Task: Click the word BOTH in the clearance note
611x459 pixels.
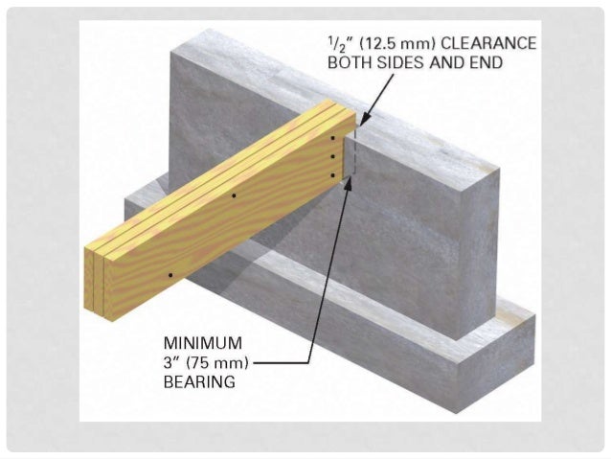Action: (351, 63)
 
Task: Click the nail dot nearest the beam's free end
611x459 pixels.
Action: (170, 276)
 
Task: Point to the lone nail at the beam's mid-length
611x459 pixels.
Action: (234, 195)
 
